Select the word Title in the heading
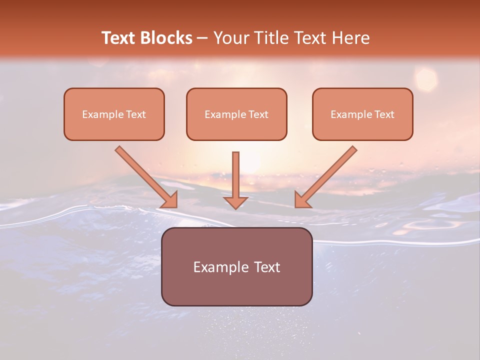tap(271, 38)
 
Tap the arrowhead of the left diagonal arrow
tap(170, 200)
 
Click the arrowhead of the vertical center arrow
tap(235, 202)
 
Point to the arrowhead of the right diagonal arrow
tap(301, 200)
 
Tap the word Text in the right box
tap(384, 114)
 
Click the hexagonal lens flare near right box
tap(426, 78)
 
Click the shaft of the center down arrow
tap(235, 172)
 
